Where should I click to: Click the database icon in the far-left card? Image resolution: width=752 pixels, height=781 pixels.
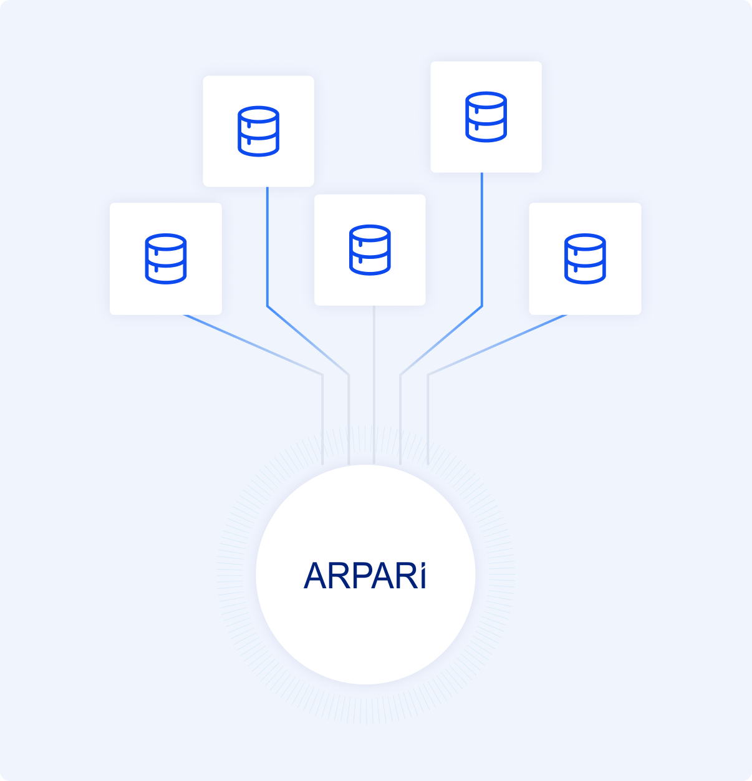[x=165, y=258]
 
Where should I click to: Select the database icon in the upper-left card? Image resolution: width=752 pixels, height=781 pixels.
[x=258, y=131]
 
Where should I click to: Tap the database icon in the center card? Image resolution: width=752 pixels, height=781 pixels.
[x=370, y=250]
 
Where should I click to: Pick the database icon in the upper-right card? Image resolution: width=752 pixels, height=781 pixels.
[x=486, y=117]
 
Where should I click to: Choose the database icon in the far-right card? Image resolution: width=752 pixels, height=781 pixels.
[x=585, y=258]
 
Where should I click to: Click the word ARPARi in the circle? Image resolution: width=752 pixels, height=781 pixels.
[x=365, y=576]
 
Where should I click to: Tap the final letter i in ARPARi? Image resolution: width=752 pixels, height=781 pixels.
[x=423, y=576]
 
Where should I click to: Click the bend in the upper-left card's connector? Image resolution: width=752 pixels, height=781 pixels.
[x=268, y=306]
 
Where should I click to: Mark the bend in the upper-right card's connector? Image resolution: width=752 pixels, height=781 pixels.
[x=482, y=306]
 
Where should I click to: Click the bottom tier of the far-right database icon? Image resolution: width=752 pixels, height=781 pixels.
[x=585, y=273]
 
